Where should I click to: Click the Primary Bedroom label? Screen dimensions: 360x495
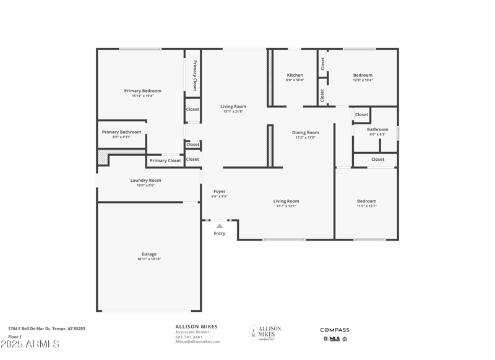(142, 91)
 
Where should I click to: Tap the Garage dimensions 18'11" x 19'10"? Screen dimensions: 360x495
(148, 259)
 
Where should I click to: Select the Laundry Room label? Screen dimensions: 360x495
(145, 180)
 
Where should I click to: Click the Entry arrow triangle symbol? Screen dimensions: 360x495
(219, 226)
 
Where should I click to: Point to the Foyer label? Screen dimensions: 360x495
(220, 191)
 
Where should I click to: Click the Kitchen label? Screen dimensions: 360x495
(295, 75)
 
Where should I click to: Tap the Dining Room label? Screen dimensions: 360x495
(305, 132)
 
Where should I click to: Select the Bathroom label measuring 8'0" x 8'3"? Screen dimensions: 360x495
(377, 129)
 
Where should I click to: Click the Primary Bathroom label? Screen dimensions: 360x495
(121, 132)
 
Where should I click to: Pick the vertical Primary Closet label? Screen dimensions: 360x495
(194, 75)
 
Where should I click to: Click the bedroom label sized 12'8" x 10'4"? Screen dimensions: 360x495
(363, 75)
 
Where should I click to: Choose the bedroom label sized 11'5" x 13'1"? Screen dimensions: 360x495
(366, 201)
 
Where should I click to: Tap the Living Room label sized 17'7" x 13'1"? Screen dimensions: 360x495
(286, 201)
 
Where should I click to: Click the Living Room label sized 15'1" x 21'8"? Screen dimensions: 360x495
(233, 106)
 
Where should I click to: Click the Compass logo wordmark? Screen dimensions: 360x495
(334, 330)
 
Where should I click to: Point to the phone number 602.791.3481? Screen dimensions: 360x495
(188, 336)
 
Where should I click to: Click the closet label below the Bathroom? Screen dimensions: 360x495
(377, 160)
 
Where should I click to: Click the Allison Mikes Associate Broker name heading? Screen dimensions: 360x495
(196, 327)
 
